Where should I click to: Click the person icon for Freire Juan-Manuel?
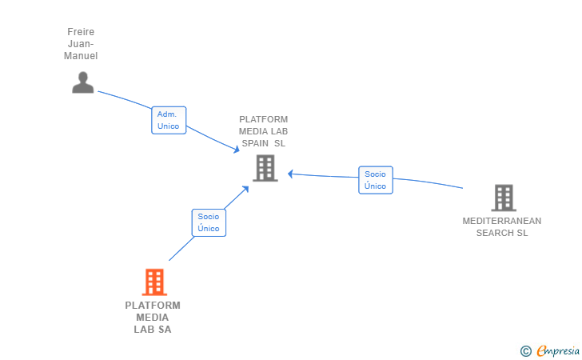click(x=83, y=82)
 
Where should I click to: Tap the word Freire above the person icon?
click(x=81, y=32)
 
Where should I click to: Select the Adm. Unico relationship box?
click(x=169, y=120)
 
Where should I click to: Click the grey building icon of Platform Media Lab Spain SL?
click(x=265, y=168)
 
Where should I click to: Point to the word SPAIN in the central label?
click(x=256, y=143)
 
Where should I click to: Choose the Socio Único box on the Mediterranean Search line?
click(x=375, y=180)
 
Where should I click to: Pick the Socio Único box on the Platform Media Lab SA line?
click(x=209, y=222)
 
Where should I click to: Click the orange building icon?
click(x=153, y=282)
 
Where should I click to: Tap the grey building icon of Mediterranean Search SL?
click(x=503, y=198)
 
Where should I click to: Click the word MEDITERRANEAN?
click(x=502, y=221)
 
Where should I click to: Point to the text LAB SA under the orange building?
click(x=153, y=329)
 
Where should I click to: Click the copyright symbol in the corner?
click(x=525, y=350)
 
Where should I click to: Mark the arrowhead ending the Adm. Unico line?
click(x=237, y=150)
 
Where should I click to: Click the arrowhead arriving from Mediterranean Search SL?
click(x=291, y=173)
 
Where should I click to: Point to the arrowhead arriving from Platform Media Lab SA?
click(x=246, y=189)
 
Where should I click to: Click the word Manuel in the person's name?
click(x=81, y=56)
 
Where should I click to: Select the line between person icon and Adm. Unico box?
click(x=124, y=99)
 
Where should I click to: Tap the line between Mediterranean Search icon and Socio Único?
click(x=428, y=183)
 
